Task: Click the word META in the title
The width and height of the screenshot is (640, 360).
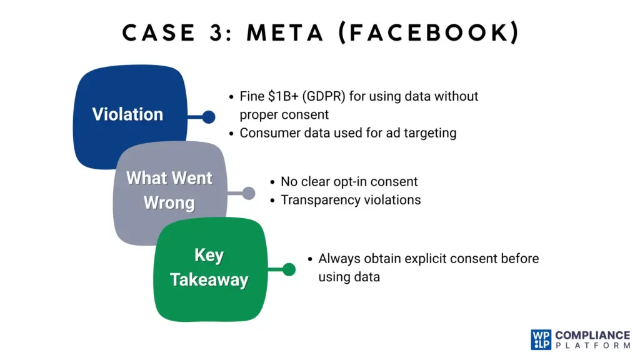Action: coord(286,32)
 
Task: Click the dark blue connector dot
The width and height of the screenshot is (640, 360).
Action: coord(209,117)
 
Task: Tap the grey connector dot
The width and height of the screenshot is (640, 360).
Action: coord(249,193)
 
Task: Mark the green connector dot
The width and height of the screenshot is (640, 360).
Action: coord(289,269)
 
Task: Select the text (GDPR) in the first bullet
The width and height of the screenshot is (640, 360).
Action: coord(329,97)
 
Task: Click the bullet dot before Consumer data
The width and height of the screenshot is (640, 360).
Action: coord(231,133)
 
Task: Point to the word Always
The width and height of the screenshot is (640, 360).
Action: coord(338,258)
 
